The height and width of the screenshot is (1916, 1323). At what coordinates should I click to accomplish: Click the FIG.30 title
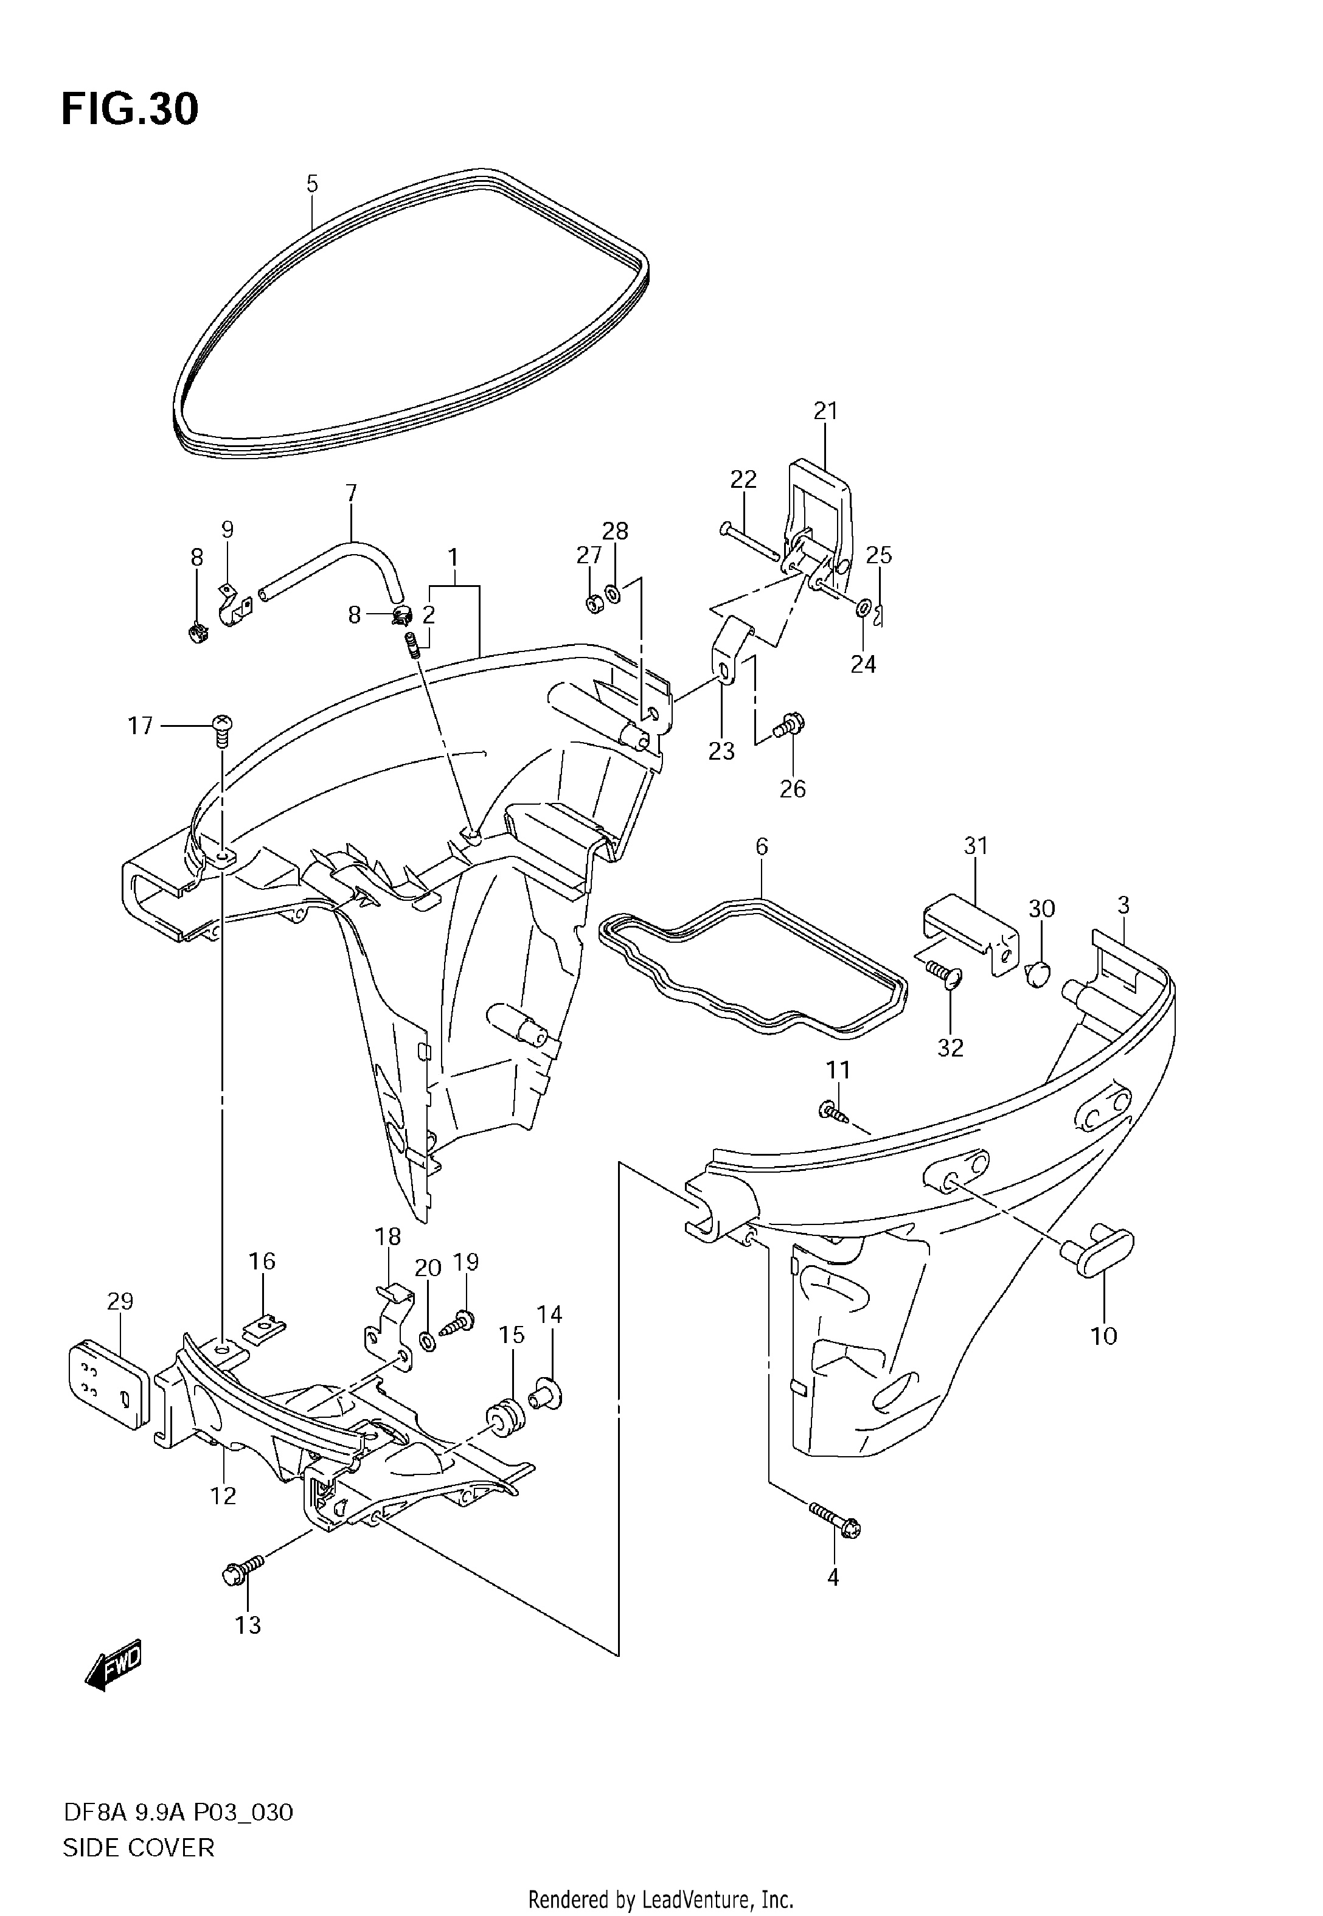pos(130,109)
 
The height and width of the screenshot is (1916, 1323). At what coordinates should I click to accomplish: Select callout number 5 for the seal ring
pos(311,184)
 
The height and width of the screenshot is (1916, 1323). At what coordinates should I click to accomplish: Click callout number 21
pos(825,411)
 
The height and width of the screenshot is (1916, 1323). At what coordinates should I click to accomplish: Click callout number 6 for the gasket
pos(762,846)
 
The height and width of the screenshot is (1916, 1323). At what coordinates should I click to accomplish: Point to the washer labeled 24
pos(862,609)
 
